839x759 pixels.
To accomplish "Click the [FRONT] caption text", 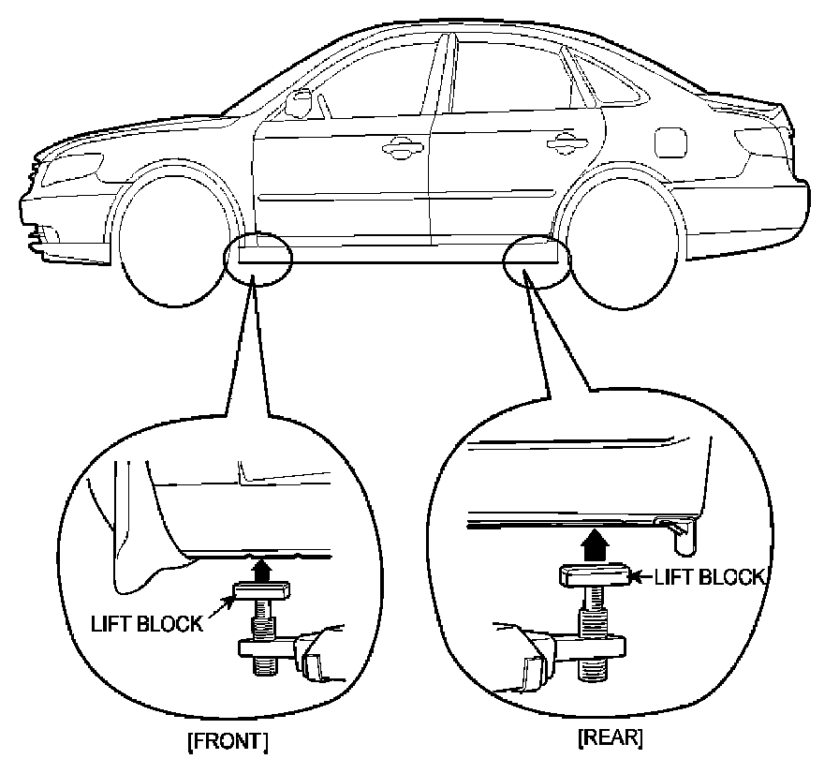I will [228, 742].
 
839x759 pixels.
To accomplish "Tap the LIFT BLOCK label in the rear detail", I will [709, 577].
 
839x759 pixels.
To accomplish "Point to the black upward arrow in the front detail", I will [263, 568].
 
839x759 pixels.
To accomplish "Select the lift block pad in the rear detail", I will [595, 576].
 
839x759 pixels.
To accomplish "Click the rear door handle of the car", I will [563, 141].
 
